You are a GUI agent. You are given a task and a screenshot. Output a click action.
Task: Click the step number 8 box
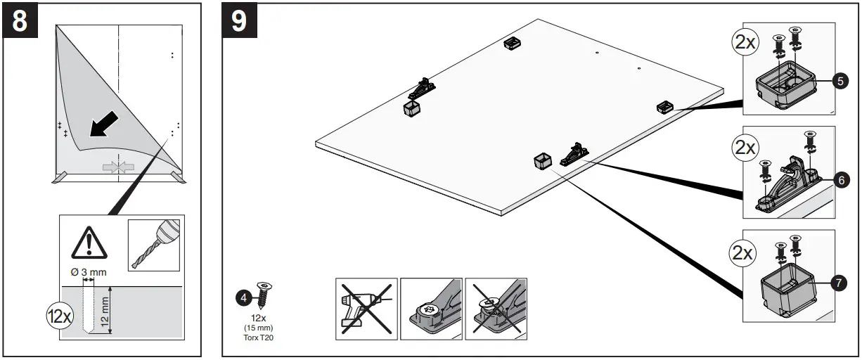tap(20, 20)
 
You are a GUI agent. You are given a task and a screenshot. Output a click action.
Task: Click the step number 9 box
tap(239, 20)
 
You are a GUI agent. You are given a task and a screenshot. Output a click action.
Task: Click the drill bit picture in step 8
tap(153, 245)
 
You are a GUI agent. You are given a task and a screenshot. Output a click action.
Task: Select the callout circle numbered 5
tap(840, 82)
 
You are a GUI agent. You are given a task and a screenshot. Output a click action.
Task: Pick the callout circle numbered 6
tap(840, 181)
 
